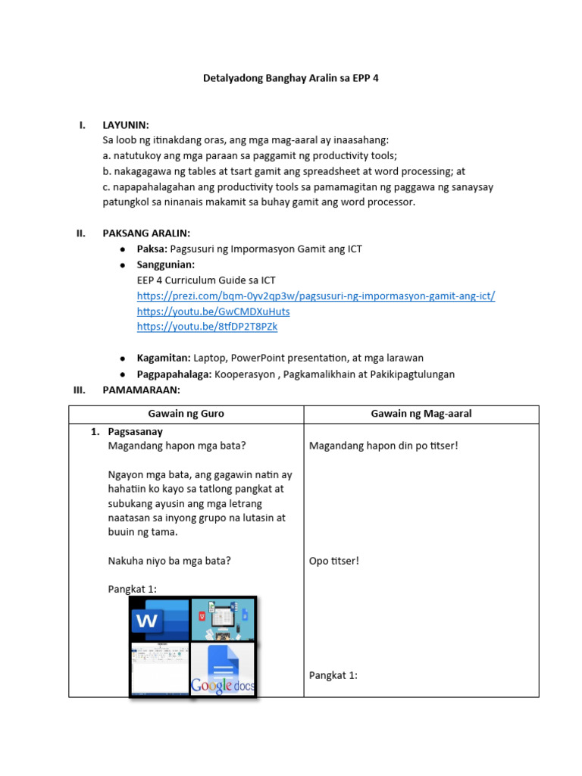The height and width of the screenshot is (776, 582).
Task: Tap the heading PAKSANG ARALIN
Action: pos(146,233)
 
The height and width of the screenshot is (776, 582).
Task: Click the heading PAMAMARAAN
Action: pos(141,390)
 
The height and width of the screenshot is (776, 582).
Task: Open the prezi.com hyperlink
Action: pos(316,296)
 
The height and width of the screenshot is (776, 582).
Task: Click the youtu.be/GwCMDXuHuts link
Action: pos(213,311)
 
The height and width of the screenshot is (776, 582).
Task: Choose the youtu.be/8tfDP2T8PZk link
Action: pos(207,327)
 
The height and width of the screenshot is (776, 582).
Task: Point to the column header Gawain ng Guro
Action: pos(186,414)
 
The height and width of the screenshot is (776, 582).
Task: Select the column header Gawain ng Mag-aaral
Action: pos(421,414)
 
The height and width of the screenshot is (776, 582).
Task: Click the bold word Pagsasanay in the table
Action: pos(136,432)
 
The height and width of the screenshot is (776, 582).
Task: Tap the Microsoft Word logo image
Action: pos(158,619)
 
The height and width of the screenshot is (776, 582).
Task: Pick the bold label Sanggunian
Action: pos(166,264)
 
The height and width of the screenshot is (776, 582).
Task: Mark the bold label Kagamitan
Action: pos(163,358)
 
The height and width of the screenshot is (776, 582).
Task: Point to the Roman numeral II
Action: pos(81,233)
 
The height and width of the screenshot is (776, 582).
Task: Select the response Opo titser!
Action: pos(333,561)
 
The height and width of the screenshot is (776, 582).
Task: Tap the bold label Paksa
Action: pos(152,249)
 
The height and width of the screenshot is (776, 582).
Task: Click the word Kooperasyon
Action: pos(246,374)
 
